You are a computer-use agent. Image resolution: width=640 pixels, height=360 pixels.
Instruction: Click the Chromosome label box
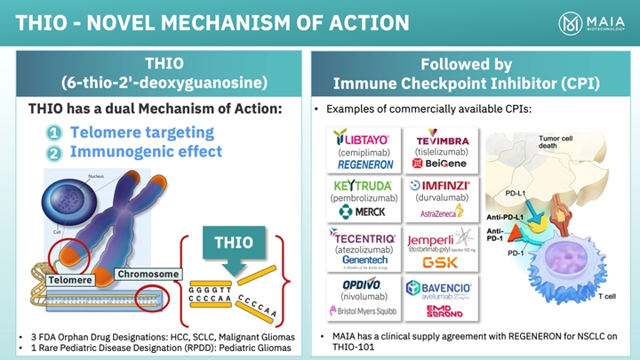pyautogui.click(x=148, y=274)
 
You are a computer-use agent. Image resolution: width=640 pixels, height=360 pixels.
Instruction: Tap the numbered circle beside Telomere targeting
pyautogui.click(x=53, y=133)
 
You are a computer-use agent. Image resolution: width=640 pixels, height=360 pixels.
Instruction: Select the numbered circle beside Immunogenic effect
pyautogui.click(x=53, y=153)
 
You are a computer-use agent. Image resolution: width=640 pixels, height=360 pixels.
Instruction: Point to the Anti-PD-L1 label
pyautogui.click(x=505, y=216)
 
